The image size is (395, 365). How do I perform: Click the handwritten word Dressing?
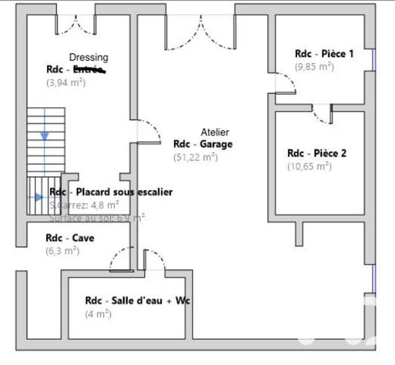(x=89, y=57)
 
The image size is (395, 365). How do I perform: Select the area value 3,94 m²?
(x=66, y=82)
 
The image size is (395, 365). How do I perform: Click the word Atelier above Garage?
(x=214, y=132)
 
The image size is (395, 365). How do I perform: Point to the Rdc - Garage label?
(x=203, y=144)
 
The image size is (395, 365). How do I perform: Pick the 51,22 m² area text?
(x=195, y=157)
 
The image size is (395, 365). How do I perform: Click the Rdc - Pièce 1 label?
(x=324, y=53)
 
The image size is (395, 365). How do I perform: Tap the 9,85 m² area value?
(x=314, y=66)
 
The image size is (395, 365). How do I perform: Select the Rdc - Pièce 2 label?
(x=316, y=153)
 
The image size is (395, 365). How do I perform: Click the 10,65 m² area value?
(x=309, y=166)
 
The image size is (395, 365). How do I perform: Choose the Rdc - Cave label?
(x=70, y=238)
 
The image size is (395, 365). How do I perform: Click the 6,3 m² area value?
(x=63, y=251)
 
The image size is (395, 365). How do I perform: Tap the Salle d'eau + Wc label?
(x=137, y=300)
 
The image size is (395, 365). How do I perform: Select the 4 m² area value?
(x=98, y=313)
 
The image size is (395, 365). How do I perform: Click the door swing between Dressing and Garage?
(x=147, y=133)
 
